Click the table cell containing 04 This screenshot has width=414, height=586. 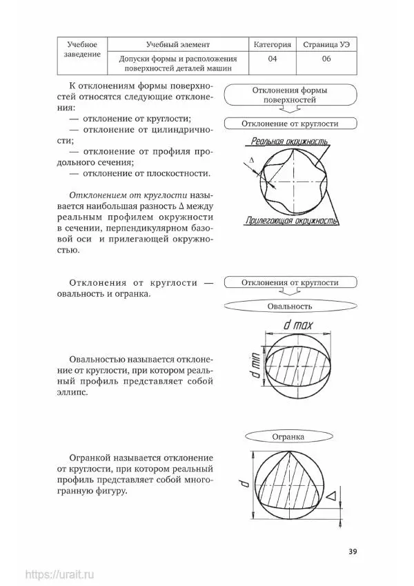(273, 59)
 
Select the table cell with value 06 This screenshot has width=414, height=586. (326, 59)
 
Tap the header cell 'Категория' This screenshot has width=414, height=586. (273, 45)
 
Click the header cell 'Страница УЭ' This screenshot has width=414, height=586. (326, 45)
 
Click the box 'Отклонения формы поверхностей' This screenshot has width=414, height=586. (290, 95)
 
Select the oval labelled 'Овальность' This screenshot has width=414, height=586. (290, 305)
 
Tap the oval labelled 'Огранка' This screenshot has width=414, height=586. (289, 436)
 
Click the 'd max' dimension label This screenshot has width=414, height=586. (298, 324)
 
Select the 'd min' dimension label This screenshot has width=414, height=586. (254, 365)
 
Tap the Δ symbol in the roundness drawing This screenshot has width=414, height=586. (251, 159)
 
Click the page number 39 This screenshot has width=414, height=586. (352, 551)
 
